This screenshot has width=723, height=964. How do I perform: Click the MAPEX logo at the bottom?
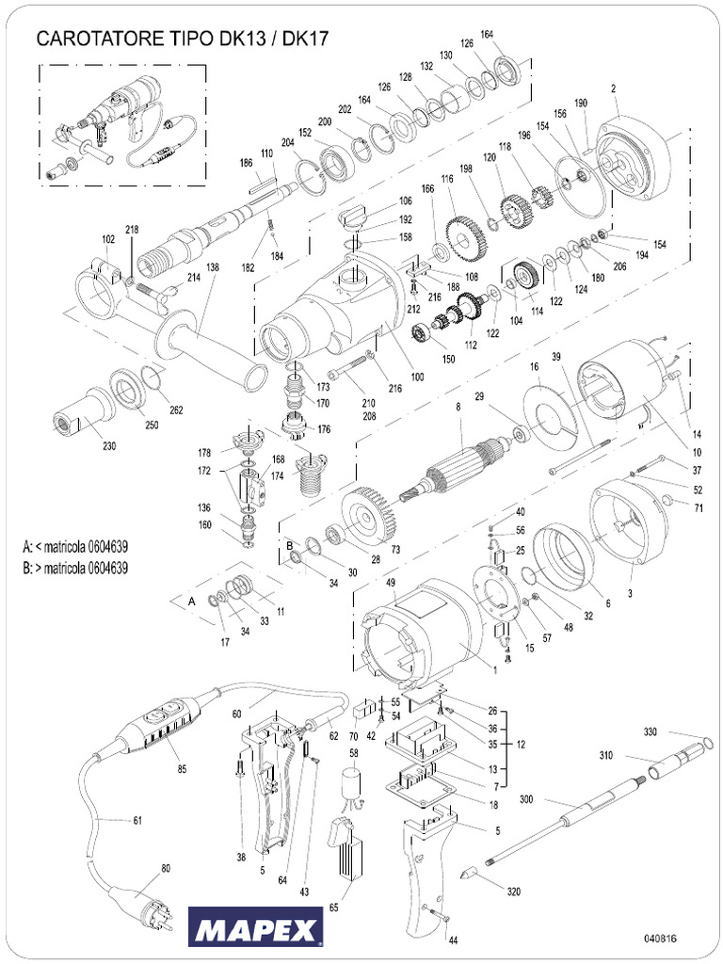(255, 929)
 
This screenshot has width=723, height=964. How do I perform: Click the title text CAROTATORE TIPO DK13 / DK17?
(182, 39)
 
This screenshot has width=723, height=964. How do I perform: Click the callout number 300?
(526, 798)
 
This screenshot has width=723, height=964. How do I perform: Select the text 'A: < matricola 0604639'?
(75, 546)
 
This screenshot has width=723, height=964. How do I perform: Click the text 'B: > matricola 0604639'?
(75, 568)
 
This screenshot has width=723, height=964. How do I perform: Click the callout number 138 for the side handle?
(213, 267)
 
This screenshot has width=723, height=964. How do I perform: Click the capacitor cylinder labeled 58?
(353, 783)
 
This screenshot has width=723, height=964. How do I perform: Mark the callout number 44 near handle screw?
(453, 940)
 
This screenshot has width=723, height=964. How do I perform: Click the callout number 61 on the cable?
(137, 821)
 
